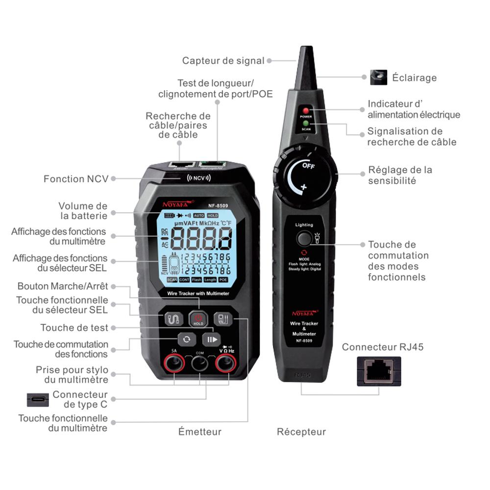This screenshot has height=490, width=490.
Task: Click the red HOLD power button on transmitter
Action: [198, 319]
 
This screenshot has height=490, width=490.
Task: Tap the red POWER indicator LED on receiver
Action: [306, 111]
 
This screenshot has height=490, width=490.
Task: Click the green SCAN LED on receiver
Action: [306, 123]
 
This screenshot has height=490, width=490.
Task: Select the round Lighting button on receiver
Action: [304, 239]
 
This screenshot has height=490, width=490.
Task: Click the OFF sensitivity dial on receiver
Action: [307, 176]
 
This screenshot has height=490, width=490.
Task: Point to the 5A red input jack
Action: [173, 363]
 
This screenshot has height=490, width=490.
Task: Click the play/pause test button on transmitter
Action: [212, 339]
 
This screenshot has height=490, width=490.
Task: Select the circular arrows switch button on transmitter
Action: [186, 339]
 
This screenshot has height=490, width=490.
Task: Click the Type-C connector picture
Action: [38, 399]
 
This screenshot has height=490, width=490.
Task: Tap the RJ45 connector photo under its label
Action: [379, 371]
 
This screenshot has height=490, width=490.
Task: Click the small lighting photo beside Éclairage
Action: [378, 77]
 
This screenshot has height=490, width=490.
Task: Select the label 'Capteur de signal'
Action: [223, 61]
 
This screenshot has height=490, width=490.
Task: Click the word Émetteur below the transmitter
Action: [199, 432]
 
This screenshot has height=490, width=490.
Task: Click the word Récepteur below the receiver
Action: [301, 432]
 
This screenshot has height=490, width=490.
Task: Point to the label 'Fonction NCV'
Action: [75, 179]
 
